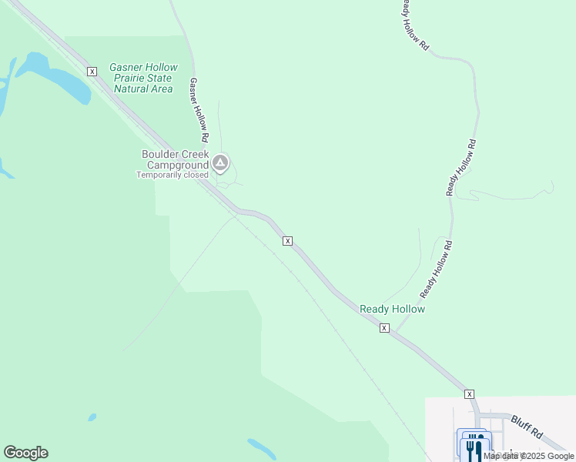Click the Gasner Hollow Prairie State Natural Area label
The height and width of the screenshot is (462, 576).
[x=144, y=78]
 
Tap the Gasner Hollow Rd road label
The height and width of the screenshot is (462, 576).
[x=199, y=109]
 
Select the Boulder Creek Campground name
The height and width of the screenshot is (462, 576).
[x=176, y=159]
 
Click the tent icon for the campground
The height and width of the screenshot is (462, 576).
[x=221, y=162]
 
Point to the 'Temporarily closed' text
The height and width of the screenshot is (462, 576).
[x=172, y=175]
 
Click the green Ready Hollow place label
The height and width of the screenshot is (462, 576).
[x=392, y=309]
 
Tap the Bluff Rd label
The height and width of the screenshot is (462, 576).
[x=527, y=427]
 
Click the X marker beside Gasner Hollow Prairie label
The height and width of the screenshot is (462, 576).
[x=92, y=72]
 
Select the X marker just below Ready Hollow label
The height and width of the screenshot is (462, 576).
[x=384, y=328]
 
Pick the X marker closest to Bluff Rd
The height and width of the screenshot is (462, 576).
[x=469, y=393]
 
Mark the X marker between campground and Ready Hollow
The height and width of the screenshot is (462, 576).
[x=287, y=241]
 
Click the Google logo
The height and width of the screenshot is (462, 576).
[x=25, y=453]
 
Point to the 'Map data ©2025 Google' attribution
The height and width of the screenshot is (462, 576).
[x=529, y=456]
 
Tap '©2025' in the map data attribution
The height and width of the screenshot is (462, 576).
[x=535, y=456]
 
